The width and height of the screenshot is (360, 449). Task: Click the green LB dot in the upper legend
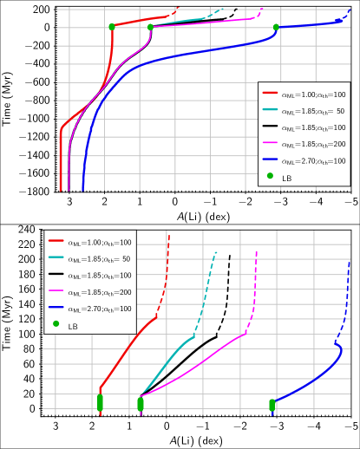[x=270, y=176]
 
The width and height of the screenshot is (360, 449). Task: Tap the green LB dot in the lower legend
[x=56, y=324]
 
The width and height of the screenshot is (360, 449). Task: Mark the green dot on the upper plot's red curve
[x=111, y=27]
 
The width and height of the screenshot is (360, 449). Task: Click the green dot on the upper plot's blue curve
[x=276, y=27]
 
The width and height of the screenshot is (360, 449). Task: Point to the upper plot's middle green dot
[x=150, y=27]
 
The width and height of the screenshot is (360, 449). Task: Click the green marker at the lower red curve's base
[x=100, y=402]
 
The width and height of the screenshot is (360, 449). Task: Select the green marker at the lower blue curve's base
[x=272, y=405]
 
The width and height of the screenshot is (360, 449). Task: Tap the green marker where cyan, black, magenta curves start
[x=141, y=404]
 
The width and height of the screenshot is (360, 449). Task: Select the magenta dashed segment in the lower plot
[x=254, y=290]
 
